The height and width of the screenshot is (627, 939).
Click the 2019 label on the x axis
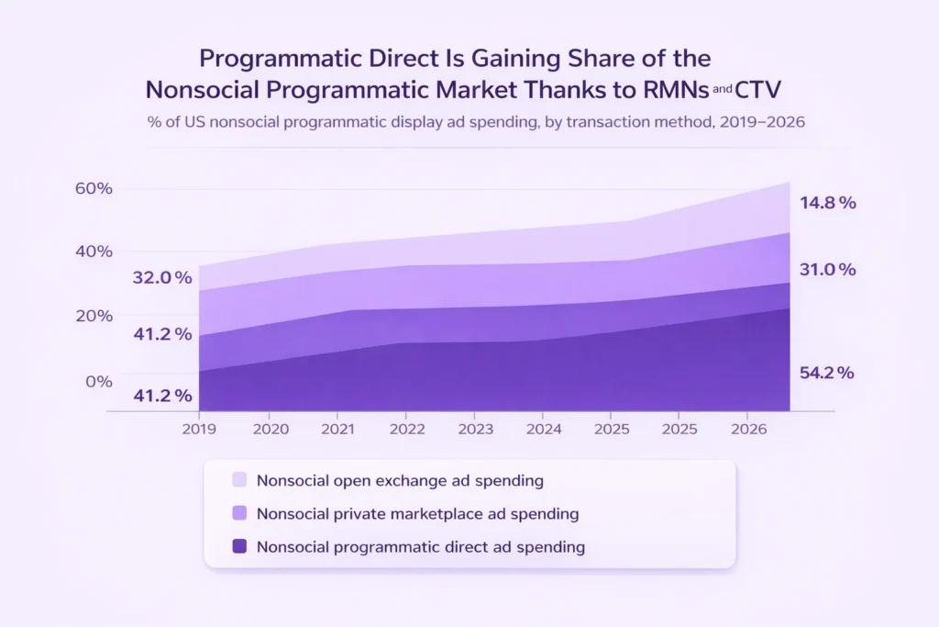[199, 428]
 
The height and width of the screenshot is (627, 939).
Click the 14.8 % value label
[827, 203]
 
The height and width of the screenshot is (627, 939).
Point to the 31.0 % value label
[827, 270]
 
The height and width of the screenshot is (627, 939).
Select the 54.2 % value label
[826, 373]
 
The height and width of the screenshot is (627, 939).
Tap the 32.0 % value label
[162, 277]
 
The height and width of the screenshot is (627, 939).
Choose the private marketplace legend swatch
[239, 513]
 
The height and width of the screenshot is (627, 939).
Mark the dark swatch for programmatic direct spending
[239, 546]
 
